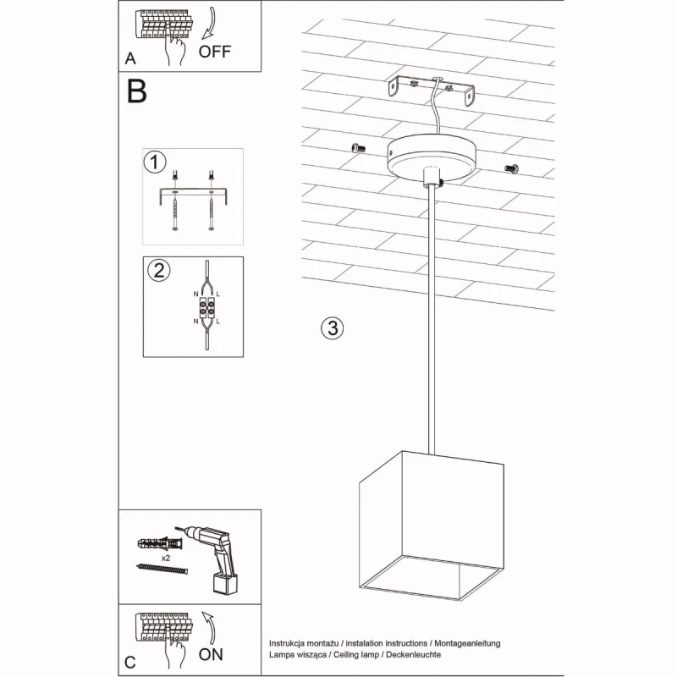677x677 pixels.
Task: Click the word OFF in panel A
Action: pyautogui.click(x=215, y=50)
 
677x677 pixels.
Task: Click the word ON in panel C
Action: pyautogui.click(x=212, y=653)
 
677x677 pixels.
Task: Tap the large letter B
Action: pyautogui.click(x=136, y=91)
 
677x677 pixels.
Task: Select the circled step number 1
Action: pyautogui.click(x=154, y=161)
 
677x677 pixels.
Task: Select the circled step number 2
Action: pyautogui.click(x=157, y=271)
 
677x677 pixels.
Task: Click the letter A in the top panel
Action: pyautogui.click(x=129, y=58)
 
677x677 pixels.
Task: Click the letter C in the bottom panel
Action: pyautogui.click(x=129, y=663)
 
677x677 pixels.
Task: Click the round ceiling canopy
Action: pyautogui.click(x=431, y=157)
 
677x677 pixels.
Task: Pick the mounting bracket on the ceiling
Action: pyautogui.click(x=432, y=91)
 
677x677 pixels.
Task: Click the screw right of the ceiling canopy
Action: pyautogui.click(x=510, y=168)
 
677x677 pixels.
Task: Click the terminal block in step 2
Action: pyautogui.click(x=206, y=308)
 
